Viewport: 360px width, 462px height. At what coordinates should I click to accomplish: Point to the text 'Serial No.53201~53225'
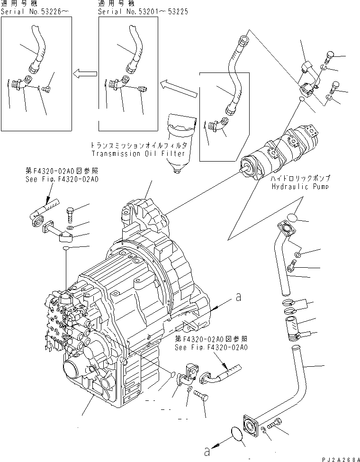[143, 11]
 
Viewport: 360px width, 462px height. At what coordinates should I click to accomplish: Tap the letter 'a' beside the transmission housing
[239, 298]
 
